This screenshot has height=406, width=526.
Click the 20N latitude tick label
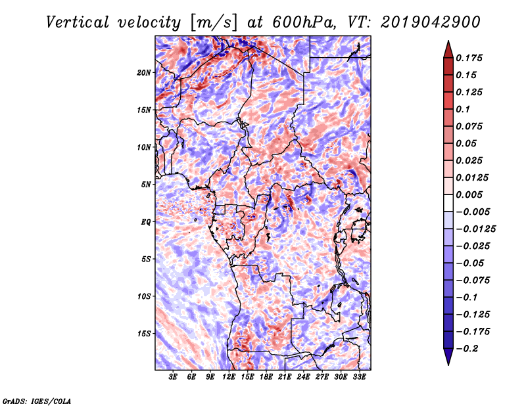(144, 73)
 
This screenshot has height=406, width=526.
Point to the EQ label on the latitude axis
(145, 222)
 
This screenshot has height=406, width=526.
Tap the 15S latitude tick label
(144, 334)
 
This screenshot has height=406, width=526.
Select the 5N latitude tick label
(146, 185)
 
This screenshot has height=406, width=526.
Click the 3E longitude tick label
(173, 376)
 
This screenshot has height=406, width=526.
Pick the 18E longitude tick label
(266, 376)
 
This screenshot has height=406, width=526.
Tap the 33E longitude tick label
(359, 376)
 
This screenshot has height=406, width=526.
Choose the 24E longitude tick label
(303, 376)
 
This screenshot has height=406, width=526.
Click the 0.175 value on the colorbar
(469, 58)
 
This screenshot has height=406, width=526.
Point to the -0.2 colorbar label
(467, 349)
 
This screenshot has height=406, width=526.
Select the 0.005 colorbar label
(469, 194)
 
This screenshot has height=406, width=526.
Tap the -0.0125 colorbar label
(475, 229)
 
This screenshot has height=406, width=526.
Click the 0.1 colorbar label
(463, 109)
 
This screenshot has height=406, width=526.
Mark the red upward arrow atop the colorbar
(448, 49)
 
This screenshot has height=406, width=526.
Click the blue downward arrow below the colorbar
(448, 357)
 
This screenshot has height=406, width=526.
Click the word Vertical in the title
(78, 22)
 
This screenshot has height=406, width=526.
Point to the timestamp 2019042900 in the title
(431, 22)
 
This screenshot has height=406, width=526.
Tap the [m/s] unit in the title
(214, 22)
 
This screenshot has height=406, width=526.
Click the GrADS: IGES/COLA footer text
(37, 401)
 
